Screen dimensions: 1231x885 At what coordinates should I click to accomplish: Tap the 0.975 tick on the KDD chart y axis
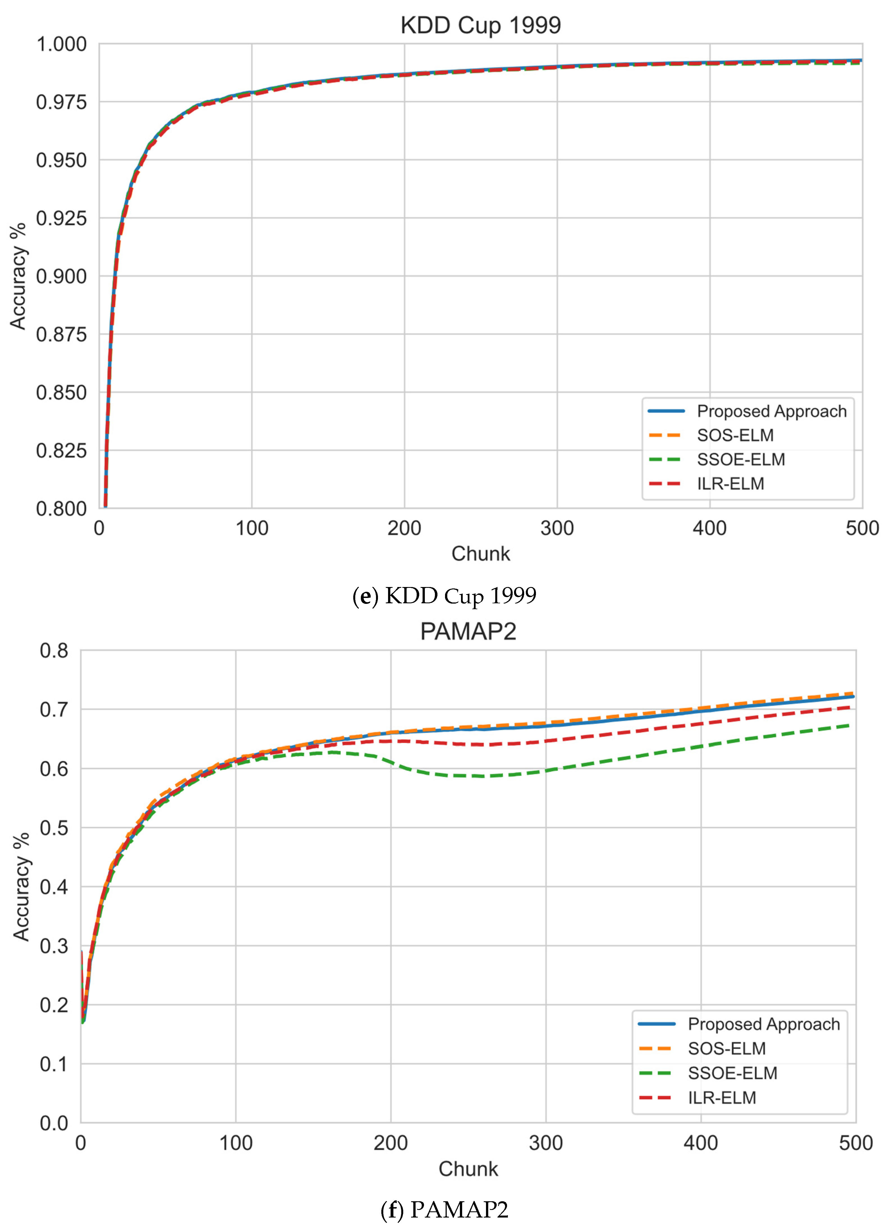coord(61,102)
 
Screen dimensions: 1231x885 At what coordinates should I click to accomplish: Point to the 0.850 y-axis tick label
coord(61,393)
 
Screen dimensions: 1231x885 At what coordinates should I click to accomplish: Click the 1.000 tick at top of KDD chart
coord(61,44)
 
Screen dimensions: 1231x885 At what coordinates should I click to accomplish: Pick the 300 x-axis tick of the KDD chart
coord(557,528)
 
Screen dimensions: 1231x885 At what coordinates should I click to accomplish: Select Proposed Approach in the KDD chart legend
coord(771,411)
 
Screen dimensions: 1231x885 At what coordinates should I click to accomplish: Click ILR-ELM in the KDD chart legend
coord(730,483)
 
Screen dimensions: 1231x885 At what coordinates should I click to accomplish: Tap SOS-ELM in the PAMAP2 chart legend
coord(726,1049)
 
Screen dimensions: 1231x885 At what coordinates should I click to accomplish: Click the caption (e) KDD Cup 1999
coord(444,596)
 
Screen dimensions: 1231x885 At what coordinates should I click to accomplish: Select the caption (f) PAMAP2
coord(444,1210)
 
